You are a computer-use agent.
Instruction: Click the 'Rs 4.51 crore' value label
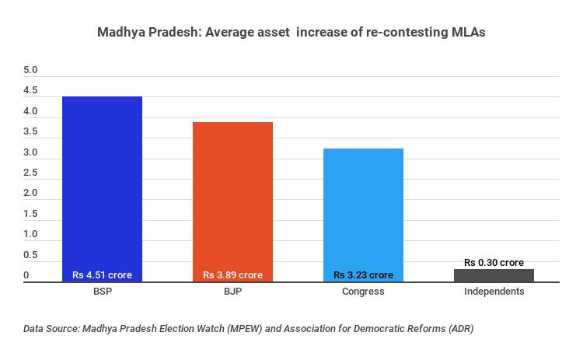coord(102,275)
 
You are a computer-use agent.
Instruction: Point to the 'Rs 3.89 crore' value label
coord(232,275)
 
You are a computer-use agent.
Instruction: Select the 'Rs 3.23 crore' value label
coord(363,275)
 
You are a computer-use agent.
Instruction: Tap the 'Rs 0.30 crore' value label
coord(494,263)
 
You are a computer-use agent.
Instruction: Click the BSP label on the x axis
coord(102,292)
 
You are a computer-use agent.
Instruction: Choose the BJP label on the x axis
coord(232,292)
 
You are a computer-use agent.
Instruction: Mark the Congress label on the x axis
coord(363,292)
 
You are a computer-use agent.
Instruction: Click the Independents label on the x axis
coord(494,292)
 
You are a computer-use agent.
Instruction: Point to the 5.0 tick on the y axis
coord(30,71)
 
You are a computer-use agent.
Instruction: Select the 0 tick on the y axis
coord(26,275)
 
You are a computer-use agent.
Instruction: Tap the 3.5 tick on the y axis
coord(30,132)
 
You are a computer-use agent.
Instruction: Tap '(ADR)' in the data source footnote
coord(457,329)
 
